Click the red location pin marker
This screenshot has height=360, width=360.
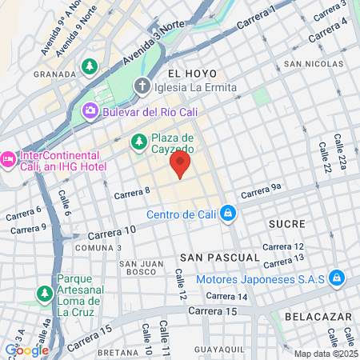coord(180,165)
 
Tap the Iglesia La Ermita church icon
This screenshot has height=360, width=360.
coord(142,86)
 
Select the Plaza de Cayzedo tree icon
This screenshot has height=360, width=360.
coord(138,142)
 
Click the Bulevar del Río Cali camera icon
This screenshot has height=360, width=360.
coord(91,112)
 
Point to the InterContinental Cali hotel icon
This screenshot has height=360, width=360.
coord(8,158)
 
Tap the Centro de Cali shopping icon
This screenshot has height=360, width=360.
coord(228,214)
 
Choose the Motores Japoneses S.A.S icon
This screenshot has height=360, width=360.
coord(338,278)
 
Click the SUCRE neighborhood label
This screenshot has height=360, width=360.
coord(286,223)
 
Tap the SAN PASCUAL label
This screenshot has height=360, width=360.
coord(219,258)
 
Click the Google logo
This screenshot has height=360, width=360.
coord(26,350)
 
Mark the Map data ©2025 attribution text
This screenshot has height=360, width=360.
coord(326,354)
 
